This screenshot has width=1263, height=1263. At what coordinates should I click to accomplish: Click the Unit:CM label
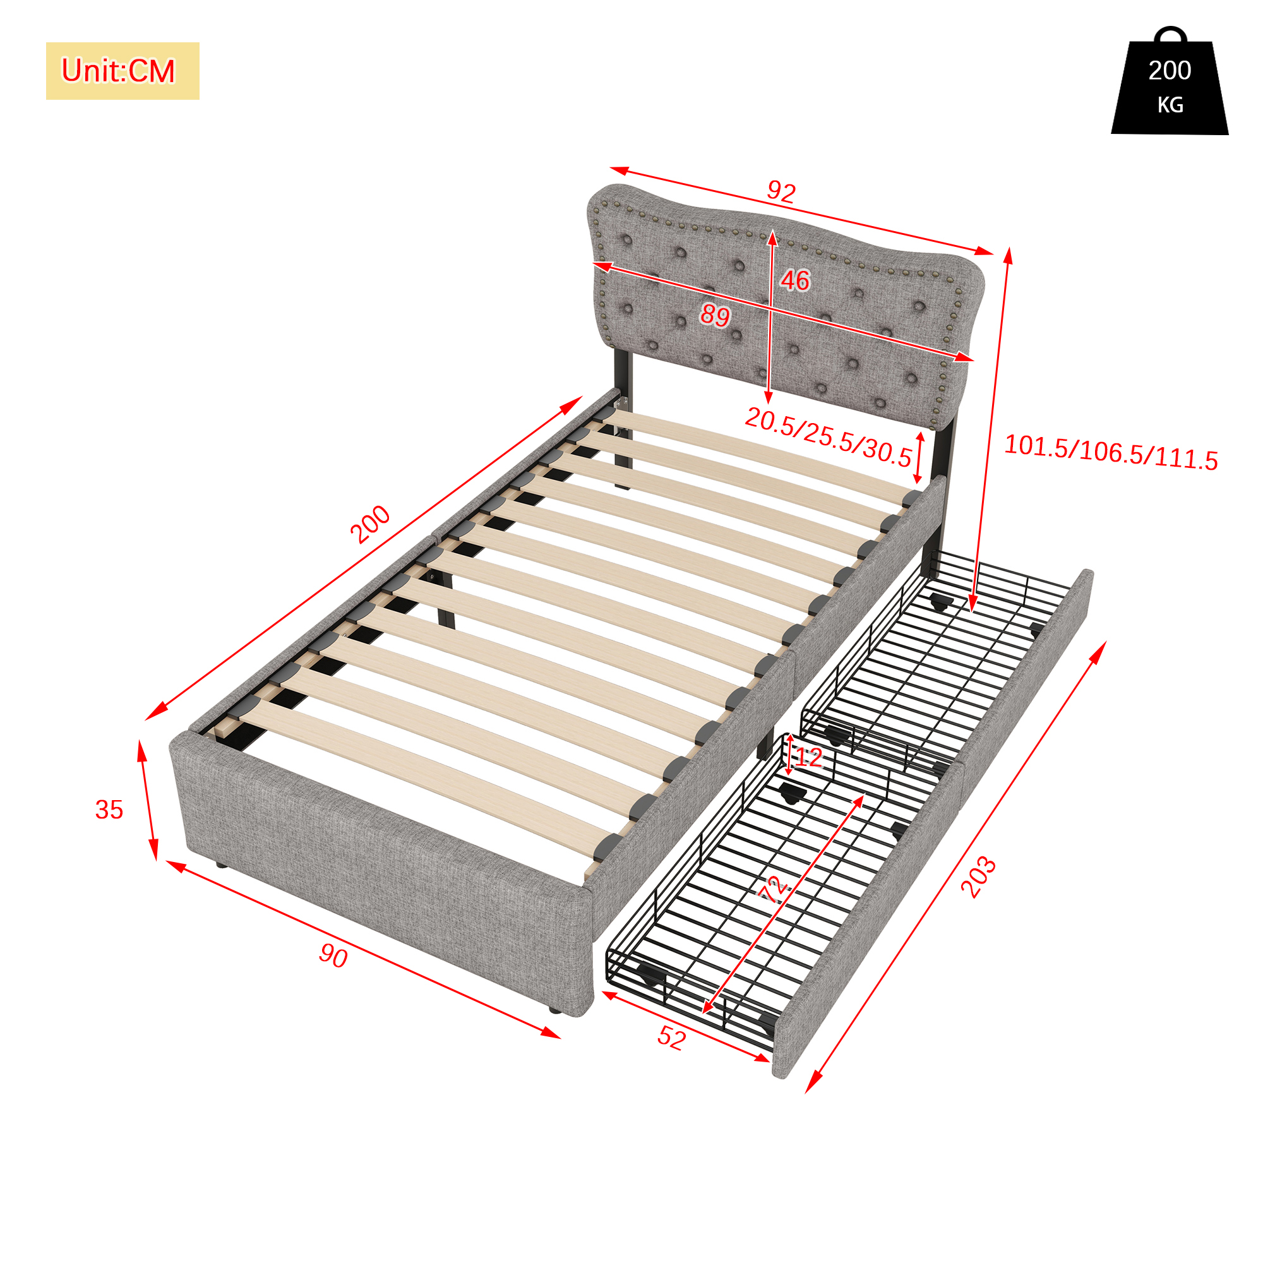pyautogui.click(x=118, y=71)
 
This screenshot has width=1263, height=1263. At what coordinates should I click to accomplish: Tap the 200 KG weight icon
pyautogui.click(x=1170, y=81)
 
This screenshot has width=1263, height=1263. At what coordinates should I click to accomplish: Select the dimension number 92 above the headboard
pyautogui.click(x=781, y=191)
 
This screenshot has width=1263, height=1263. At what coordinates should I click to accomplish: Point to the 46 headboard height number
pyautogui.click(x=795, y=280)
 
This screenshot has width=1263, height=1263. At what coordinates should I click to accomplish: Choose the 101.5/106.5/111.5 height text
pyautogui.click(x=1111, y=452)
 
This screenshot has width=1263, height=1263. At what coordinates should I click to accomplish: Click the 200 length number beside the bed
pyautogui.click(x=370, y=524)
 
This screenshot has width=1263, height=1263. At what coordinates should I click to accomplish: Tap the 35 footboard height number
pyautogui.click(x=109, y=810)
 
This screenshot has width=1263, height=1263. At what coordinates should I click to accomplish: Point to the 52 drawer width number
pyautogui.click(x=671, y=1038)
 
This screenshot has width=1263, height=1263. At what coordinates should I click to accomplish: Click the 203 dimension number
pyautogui.click(x=979, y=877)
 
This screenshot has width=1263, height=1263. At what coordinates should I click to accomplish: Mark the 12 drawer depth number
pyautogui.click(x=809, y=757)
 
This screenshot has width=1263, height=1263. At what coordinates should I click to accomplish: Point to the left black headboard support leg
pyautogui.click(x=623, y=419)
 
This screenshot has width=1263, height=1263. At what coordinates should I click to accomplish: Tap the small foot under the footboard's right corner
pyautogui.click(x=555, y=1010)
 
